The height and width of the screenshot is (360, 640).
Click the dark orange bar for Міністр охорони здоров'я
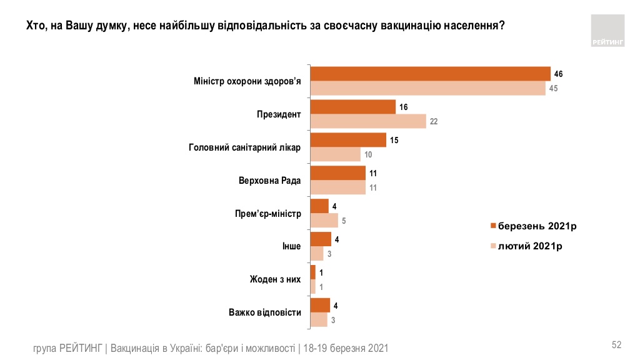[x=430, y=74]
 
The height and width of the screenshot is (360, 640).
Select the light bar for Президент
[x=368, y=121]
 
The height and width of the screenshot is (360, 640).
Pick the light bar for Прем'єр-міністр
[x=324, y=220]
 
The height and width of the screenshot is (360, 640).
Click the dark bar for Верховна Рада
[x=338, y=173]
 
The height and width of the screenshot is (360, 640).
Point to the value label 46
[x=559, y=74]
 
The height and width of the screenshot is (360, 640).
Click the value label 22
[x=434, y=122]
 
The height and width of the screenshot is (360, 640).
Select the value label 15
[x=394, y=141]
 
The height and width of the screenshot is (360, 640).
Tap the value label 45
[x=553, y=88]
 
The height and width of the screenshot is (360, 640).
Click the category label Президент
[x=279, y=114]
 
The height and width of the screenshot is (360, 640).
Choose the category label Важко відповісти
[x=265, y=312]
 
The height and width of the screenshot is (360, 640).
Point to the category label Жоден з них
[x=276, y=279]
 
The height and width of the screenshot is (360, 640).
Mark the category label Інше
[x=292, y=246]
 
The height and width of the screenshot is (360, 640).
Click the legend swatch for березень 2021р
[x=493, y=226]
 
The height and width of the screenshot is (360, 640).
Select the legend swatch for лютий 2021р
[x=493, y=246]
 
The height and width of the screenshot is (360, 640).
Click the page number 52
[x=616, y=345]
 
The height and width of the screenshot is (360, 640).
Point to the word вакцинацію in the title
[x=412, y=26]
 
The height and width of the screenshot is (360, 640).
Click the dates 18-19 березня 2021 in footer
[x=345, y=348]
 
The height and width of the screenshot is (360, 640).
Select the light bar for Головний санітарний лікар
[x=336, y=154]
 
